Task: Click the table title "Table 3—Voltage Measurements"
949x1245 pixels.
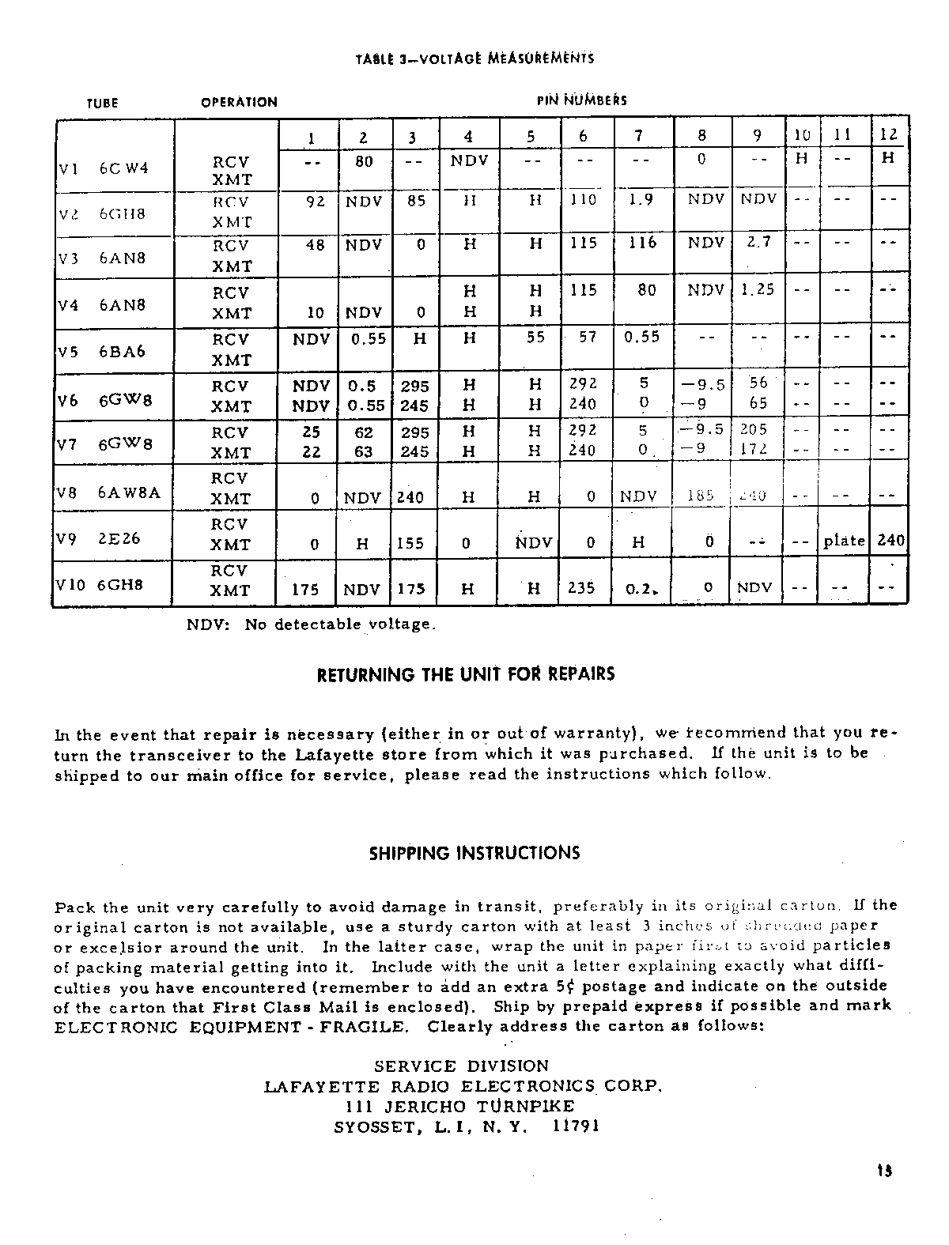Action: [475, 58]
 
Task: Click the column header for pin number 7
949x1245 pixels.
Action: [638, 136]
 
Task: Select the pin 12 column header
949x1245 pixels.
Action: [888, 135]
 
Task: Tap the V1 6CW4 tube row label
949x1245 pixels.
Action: [104, 168]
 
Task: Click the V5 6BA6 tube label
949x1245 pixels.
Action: [104, 351]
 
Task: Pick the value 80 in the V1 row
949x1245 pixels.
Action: [364, 160]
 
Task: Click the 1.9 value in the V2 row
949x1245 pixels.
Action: [641, 201]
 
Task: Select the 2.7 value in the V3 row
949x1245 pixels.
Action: [758, 242]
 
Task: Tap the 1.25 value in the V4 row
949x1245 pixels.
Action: [758, 289]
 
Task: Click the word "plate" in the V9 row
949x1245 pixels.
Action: [844, 541]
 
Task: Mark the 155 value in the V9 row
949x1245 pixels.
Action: [410, 543]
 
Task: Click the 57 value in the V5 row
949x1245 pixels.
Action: [586, 338]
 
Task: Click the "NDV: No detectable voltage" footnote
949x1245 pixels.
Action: [311, 624]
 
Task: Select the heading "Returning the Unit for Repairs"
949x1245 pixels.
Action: [465, 675]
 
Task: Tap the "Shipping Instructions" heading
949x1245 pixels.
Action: [475, 853]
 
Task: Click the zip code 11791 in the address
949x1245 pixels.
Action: [577, 1126]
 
